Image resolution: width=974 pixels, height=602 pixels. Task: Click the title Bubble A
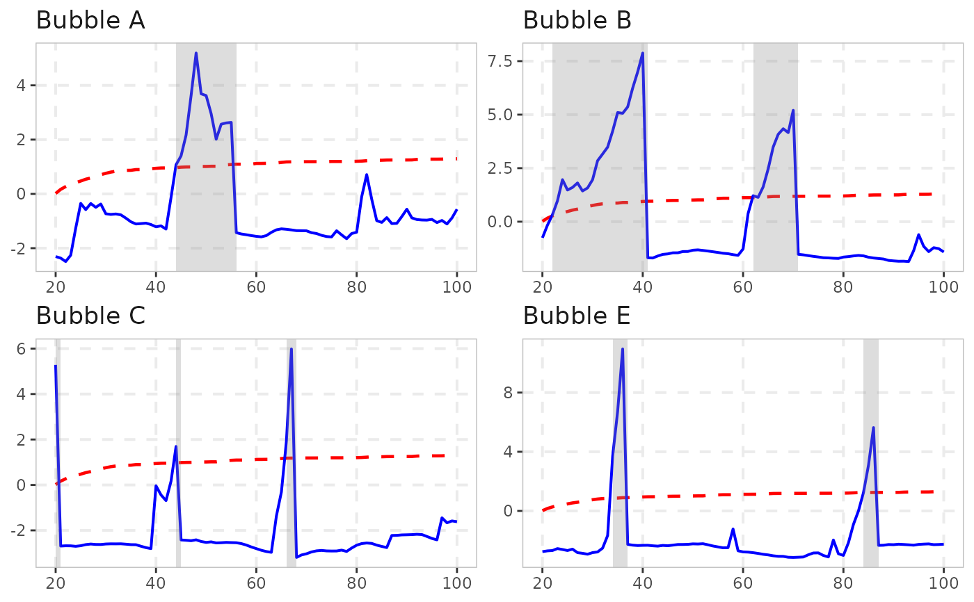pyautogui.click(x=90, y=20)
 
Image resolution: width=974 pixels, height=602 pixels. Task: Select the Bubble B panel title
pyautogui.click(x=577, y=20)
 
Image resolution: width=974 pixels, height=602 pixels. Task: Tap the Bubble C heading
pyautogui.click(x=90, y=316)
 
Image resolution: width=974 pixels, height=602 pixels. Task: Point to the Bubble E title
pyautogui.click(x=577, y=316)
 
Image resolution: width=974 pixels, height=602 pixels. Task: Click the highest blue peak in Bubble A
pyautogui.click(x=196, y=53)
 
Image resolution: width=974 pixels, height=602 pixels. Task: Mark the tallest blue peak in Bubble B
pyautogui.click(x=643, y=53)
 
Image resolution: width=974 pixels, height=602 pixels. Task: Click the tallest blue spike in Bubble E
pyautogui.click(x=623, y=349)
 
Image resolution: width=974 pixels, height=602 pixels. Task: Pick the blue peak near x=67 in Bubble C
pyautogui.click(x=292, y=348)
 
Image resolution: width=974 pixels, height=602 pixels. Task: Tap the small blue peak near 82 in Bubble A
pyautogui.click(x=367, y=174)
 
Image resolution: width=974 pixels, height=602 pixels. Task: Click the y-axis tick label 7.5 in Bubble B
pyautogui.click(x=500, y=61)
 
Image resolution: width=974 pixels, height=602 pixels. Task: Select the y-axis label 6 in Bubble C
pyautogui.click(x=21, y=349)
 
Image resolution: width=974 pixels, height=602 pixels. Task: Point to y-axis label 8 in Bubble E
pyautogui.click(x=508, y=393)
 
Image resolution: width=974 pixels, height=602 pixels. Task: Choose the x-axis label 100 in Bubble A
pyautogui.click(x=457, y=287)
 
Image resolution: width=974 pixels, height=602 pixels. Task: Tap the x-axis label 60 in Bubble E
pyautogui.click(x=743, y=583)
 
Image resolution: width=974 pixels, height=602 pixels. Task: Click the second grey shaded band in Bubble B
pyautogui.click(x=776, y=157)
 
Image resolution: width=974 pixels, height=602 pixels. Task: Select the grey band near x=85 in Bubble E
pyautogui.click(x=871, y=453)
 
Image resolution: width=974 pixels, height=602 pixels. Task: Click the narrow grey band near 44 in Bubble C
pyautogui.click(x=178, y=453)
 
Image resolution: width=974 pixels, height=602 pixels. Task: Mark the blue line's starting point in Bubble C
pyautogui.click(x=56, y=366)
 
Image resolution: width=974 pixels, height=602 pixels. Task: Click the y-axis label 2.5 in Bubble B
pyautogui.click(x=500, y=168)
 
